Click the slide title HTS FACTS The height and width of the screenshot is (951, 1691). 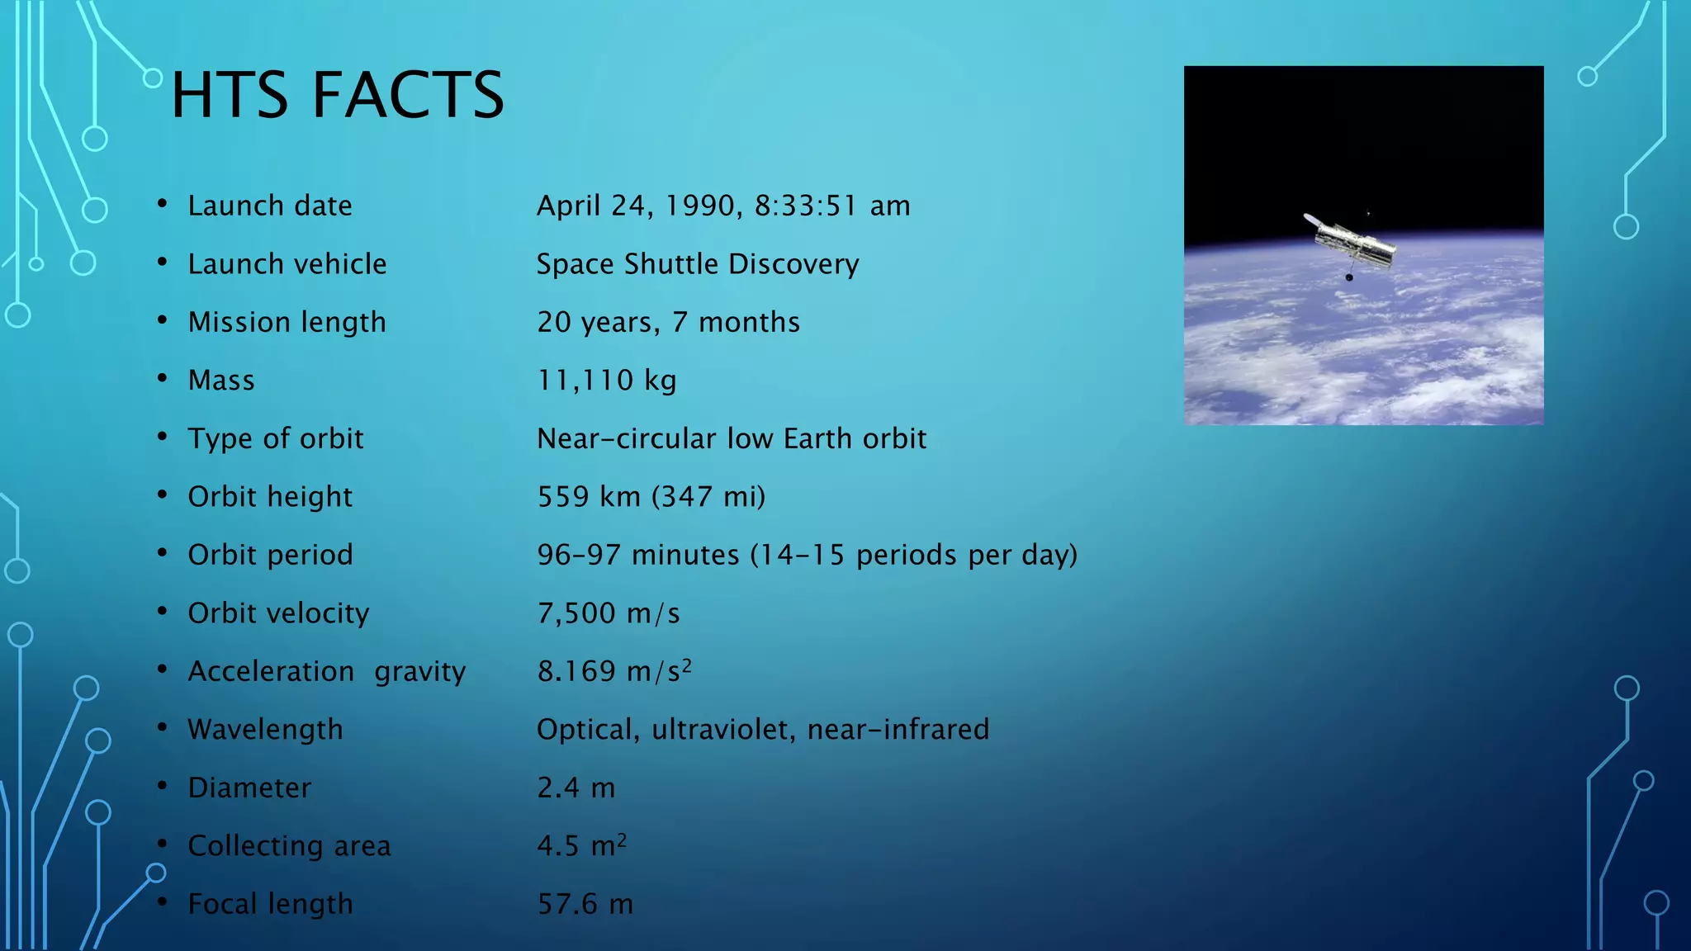[337, 95]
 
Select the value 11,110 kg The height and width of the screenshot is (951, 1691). [607, 381]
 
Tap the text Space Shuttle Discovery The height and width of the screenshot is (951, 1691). [698, 264]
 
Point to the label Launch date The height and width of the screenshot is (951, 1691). [270, 206]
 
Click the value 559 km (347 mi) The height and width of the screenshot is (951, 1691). [651, 497]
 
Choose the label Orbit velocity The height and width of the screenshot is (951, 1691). [278, 613]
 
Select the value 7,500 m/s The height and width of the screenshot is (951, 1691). [609, 613]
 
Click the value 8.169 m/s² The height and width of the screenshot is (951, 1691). [613, 671]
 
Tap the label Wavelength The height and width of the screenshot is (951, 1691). [265, 730]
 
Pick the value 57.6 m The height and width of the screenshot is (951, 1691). [585, 904]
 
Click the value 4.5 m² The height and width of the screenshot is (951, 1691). [581, 845]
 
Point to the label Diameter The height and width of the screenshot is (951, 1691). [249, 788]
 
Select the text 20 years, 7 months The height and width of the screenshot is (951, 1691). [668, 322]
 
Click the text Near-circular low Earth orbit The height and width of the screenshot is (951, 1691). [732, 438]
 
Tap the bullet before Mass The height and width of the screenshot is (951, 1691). [163, 378]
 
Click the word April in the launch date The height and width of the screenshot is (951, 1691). [568, 206]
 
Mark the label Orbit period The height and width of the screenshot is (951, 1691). [270, 555]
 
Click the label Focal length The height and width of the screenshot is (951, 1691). [270, 904]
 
